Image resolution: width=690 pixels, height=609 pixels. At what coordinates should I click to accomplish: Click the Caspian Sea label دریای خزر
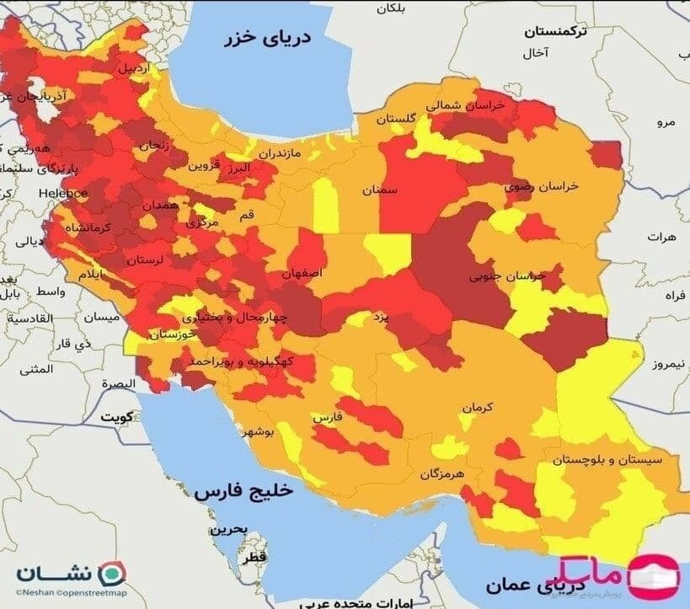tap(267, 40)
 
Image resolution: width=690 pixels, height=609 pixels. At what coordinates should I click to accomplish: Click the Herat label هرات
tap(662, 238)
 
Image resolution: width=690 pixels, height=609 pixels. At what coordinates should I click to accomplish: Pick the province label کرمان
tap(476, 407)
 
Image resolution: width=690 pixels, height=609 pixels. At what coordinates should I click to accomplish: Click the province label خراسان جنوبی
tap(507, 275)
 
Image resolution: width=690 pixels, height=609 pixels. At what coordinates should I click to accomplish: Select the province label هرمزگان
tap(441, 474)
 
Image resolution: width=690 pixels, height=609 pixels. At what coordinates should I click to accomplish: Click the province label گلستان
tap(397, 119)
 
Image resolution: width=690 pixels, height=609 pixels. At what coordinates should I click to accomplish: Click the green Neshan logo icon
tap(109, 574)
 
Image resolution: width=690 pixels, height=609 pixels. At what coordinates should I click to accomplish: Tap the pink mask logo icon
tap(654, 574)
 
